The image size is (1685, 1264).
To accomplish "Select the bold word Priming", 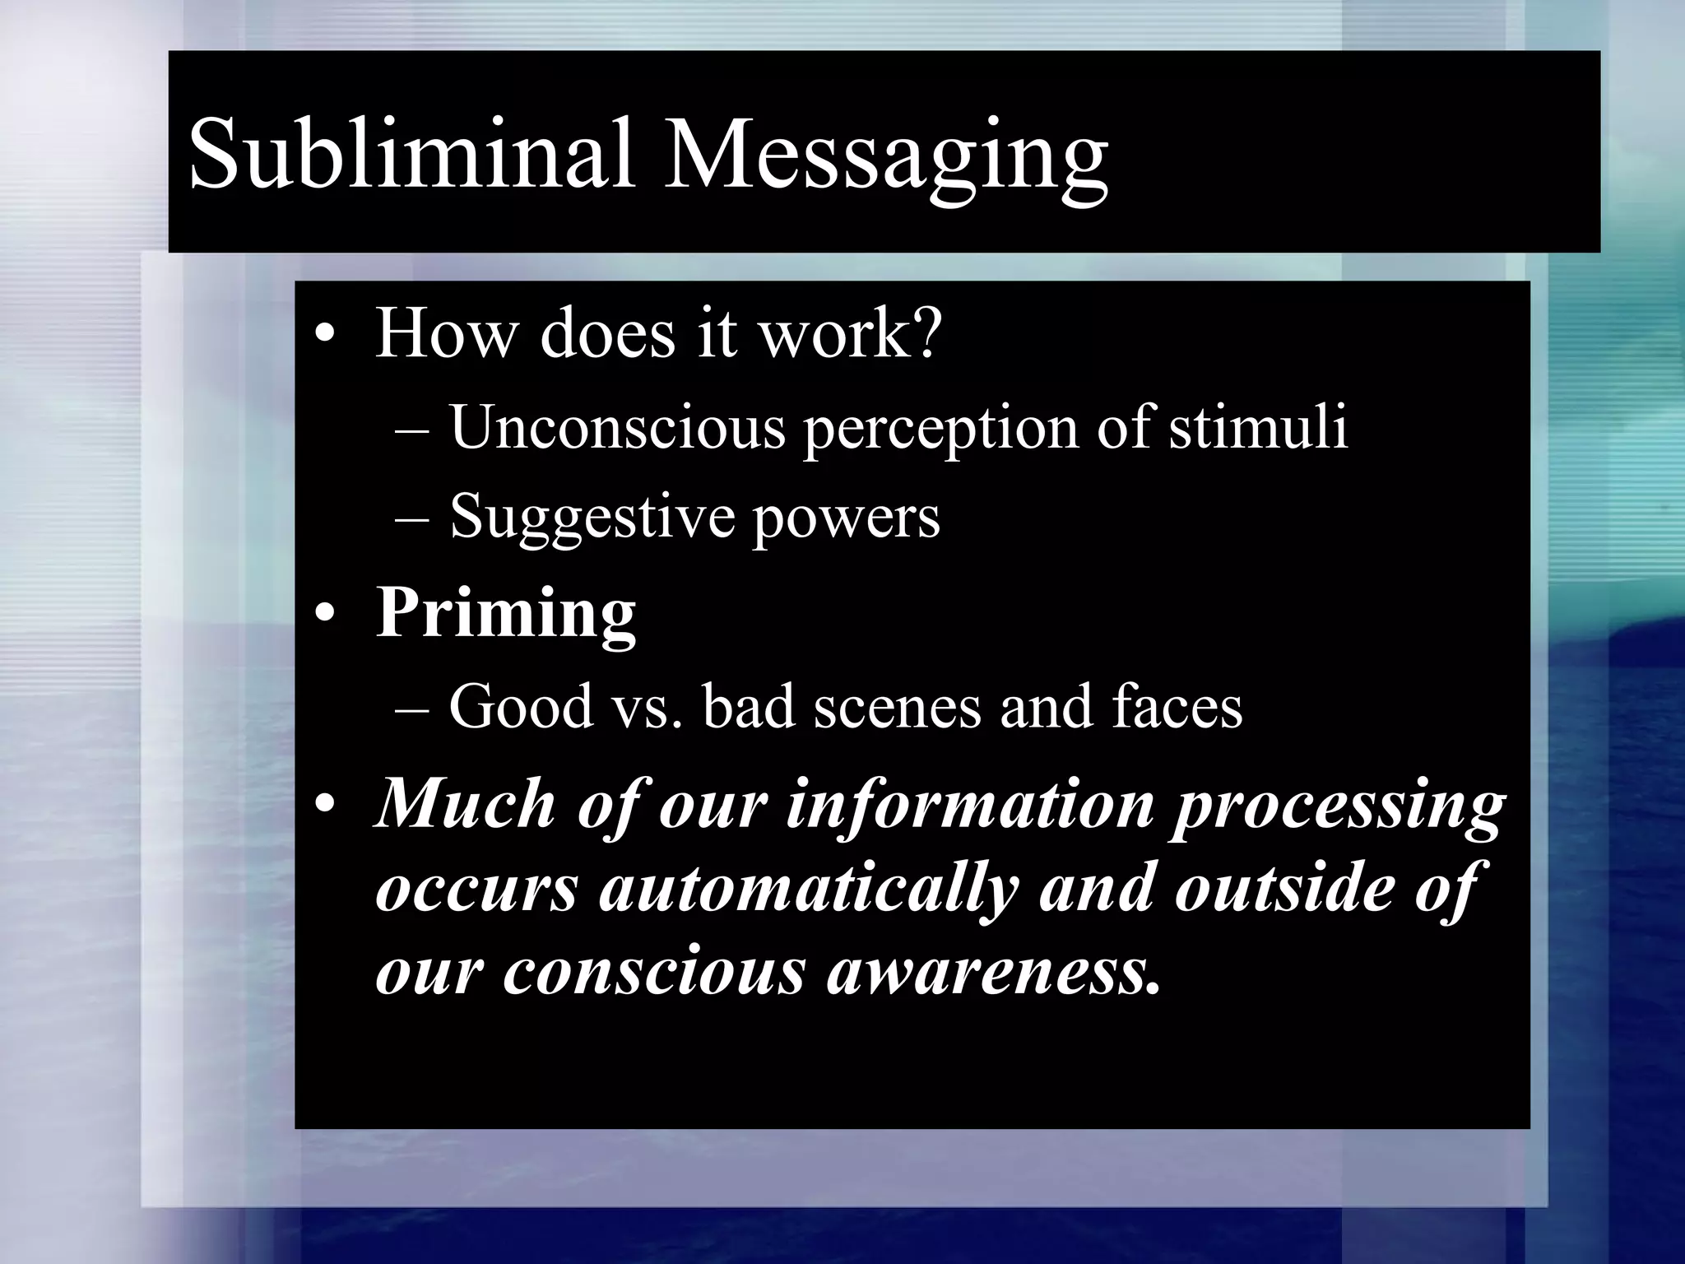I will pos(505,615).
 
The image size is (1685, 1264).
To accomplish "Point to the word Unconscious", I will pos(617,428).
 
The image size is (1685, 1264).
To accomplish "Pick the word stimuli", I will pos(1259,428).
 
